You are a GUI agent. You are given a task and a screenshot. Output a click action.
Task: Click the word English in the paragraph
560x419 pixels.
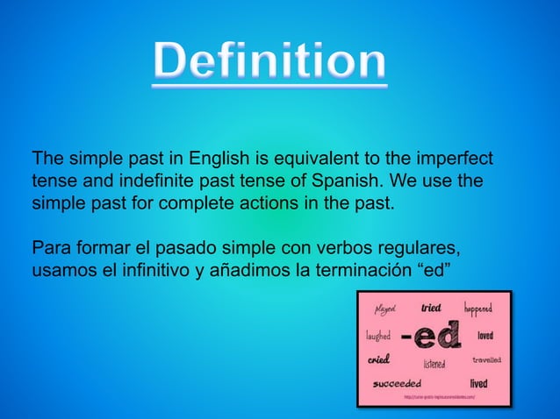pyautogui.click(x=222, y=160)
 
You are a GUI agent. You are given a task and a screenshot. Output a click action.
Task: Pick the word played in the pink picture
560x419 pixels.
pyautogui.click(x=385, y=309)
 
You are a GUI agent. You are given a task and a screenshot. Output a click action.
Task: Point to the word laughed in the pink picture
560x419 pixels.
pyautogui.click(x=378, y=336)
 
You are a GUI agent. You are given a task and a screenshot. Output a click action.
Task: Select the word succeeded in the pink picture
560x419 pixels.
pyautogui.click(x=397, y=383)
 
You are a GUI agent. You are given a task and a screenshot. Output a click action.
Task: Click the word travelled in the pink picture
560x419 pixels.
pyautogui.click(x=487, y=359)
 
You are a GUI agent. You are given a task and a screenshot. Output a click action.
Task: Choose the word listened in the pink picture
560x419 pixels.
pyautogui.click(x=434, y=364)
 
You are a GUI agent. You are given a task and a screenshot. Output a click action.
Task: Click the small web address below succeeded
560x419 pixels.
pyautogui.click(x=439, y=397)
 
